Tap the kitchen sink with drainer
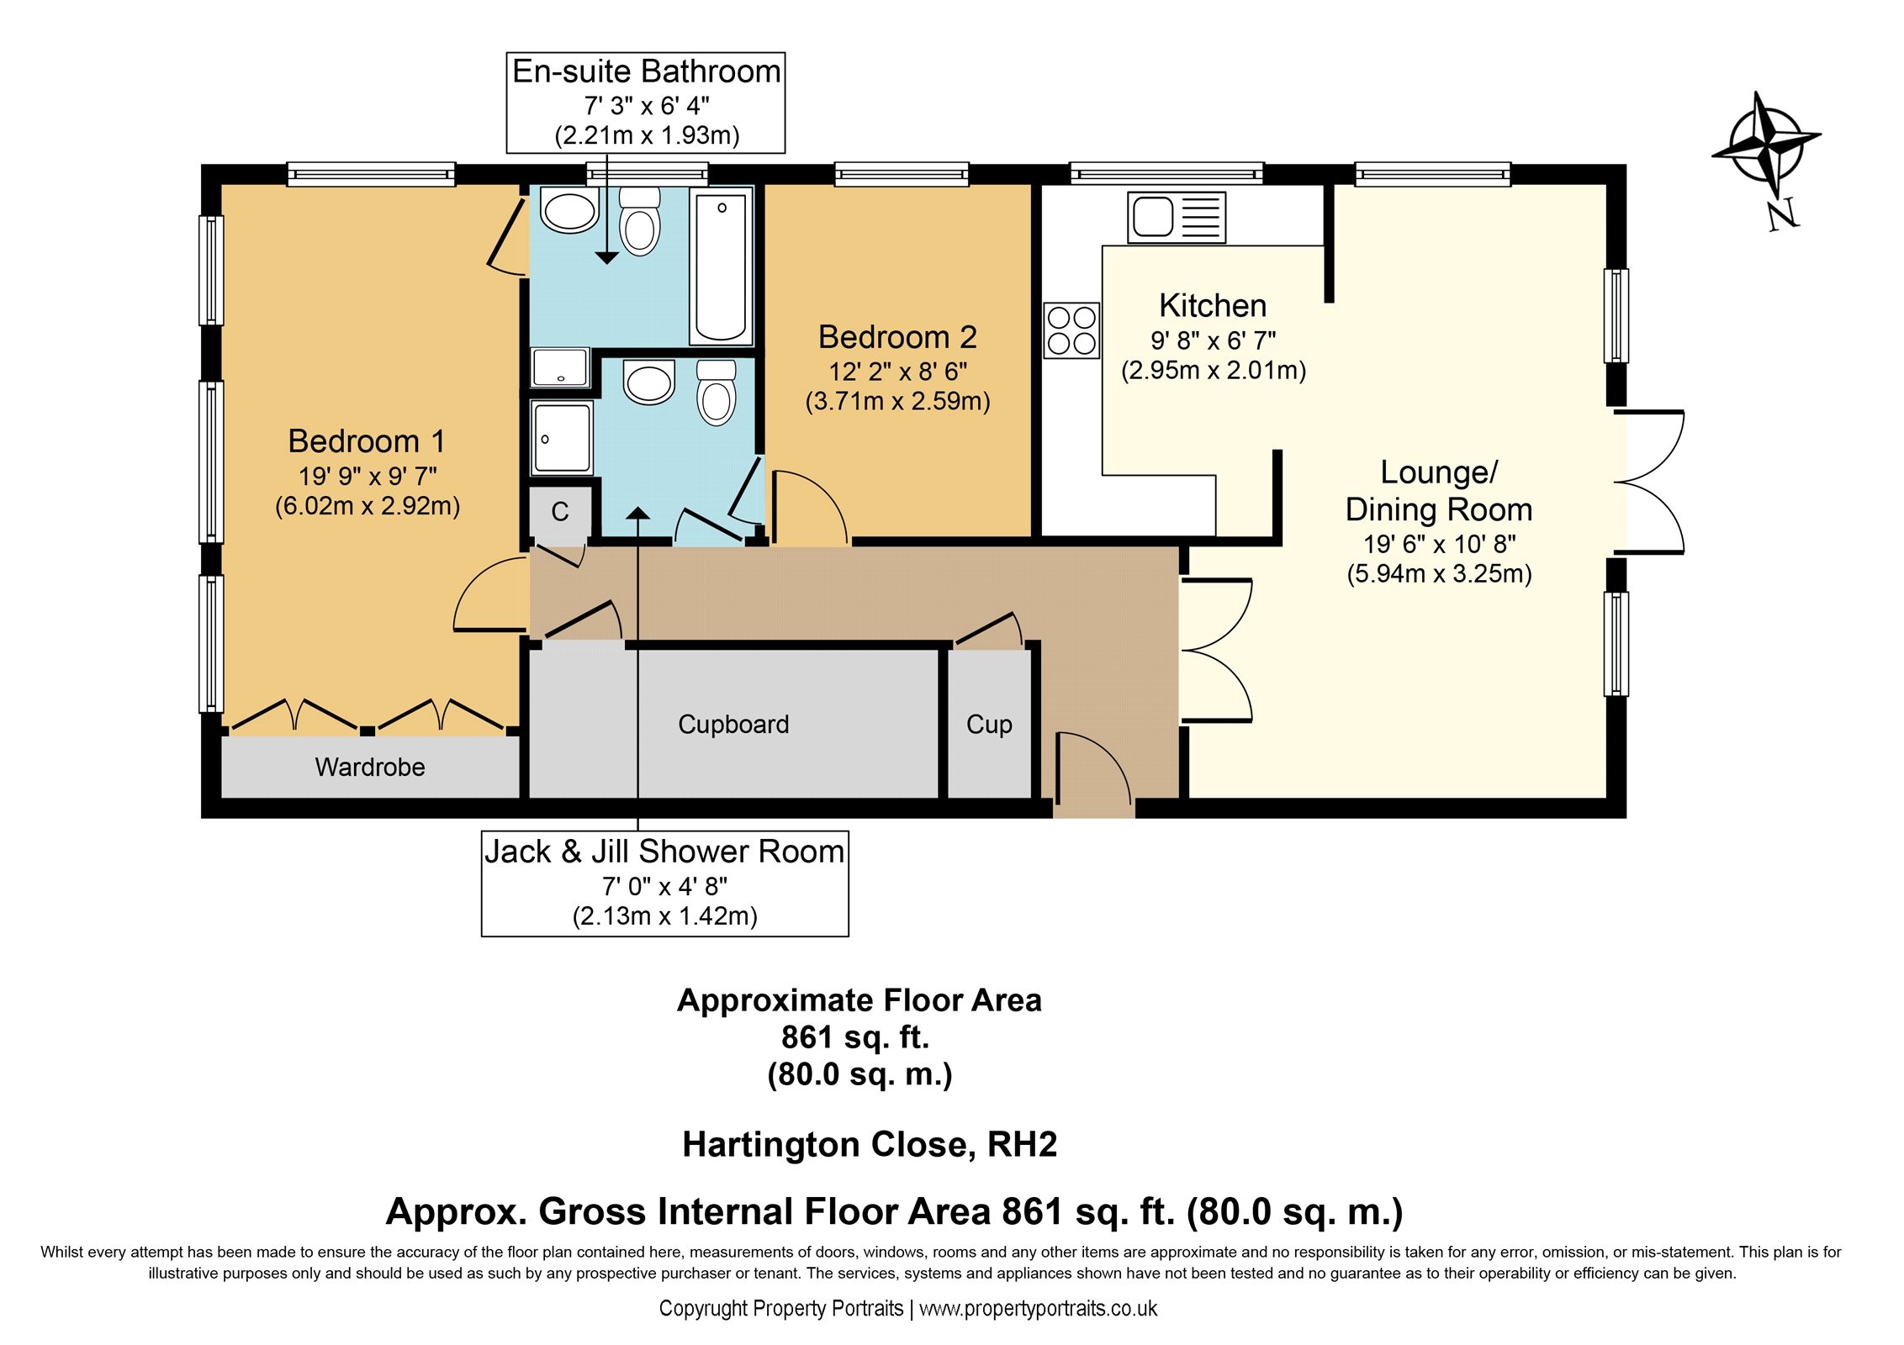click(x=1176, y=218)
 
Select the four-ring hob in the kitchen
click(x=1071, y=330)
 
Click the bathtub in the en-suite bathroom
click(x=721, y=266)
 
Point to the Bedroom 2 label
click(x=897, y=337)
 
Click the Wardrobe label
click(x=370, y=767)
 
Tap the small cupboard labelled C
click(x=560, y=511)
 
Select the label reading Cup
click(x=989, y=725)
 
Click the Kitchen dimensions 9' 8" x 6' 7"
click(x=1213, y=340)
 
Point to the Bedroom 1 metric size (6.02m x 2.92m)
click(x=368, y=506)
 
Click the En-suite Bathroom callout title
click(x=647, y=71)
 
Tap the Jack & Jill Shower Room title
click(x=664, y=852)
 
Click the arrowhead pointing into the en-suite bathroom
click(x=606, y=258)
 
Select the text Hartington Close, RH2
click(x=870, y=1144)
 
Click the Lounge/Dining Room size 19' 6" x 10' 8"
click(x=1439, y=544)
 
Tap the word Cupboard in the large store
click(x=733, y=725)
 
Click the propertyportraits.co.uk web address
click(x=1038, y=1308)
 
